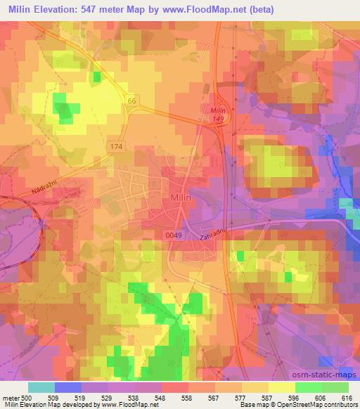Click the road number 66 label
tap(131, 101)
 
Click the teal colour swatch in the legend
tap(41, 387)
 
